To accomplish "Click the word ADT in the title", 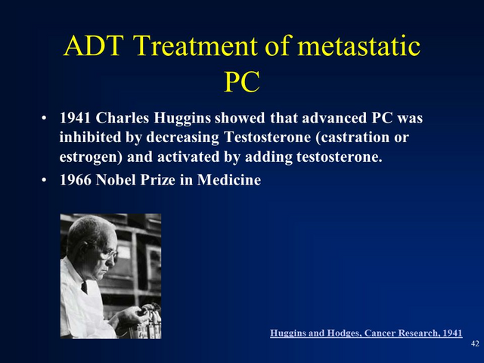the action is pyautogui.click(x=94, y=45).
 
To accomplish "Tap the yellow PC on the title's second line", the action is pyautogui.click(x=242, y=82).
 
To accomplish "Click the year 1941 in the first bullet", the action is pyautogui.click(x=75, y=118).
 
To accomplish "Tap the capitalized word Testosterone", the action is pyautogui.click(x=267, y=138).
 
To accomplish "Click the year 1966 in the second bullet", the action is pyautogui.click(x=75, y=180).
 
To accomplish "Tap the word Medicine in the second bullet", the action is pyautogui.click(x=229, y=180).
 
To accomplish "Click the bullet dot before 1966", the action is pyautogui.click(x=44, y=180).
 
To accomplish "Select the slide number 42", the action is pyautogui.click(x=475, y=343).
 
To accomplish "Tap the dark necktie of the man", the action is pyautogui.click(x=84, y=287).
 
